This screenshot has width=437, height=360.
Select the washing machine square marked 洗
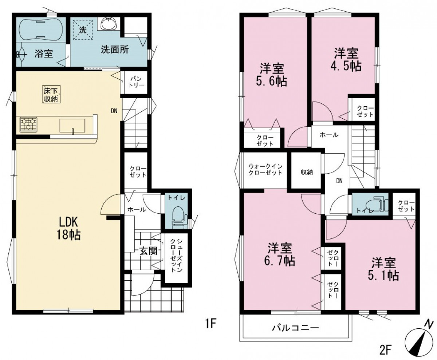(x=83, y=29)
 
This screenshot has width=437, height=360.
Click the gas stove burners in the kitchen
(x=28, y=125)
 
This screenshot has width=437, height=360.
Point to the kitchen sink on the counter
(x=72, y=126)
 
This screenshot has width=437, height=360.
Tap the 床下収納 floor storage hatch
(x=52, y=94)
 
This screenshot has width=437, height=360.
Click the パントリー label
(x=136, y=82)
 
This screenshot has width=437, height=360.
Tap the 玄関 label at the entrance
(x=148, y=251)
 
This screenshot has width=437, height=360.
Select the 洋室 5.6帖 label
(x=272, y=75)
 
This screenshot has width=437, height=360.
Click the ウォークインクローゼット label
(x=265, y=170)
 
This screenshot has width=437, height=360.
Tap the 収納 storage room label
(x=307, y=172)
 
